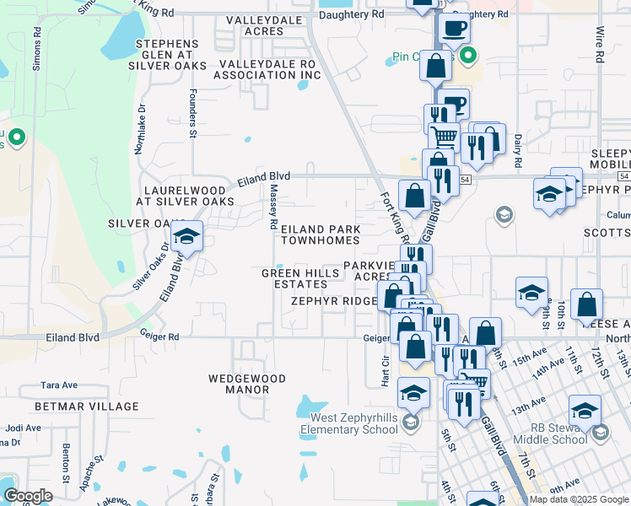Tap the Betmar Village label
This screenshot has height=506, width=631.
pyautogui.click(x=96, y=406)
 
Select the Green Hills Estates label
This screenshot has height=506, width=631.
pyautogui.click(x=294, y=278)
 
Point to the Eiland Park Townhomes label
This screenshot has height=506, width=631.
pyautogui.click(x=321, y=234)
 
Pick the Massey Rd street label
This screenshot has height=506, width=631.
pyautogui.click(x=273, y=208)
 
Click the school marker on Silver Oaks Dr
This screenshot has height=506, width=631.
pyautogui.click(x=186, y=236)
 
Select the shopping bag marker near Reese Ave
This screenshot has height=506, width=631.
pyautogui.click(x=586, y=304)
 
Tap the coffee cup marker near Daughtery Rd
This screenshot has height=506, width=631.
pyautogui.click(x=453, y=28)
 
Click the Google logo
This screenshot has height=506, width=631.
pyautogui.click(x=28, y=496)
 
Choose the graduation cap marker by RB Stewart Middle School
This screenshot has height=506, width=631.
pyautogui.click(x=584, y=411)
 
